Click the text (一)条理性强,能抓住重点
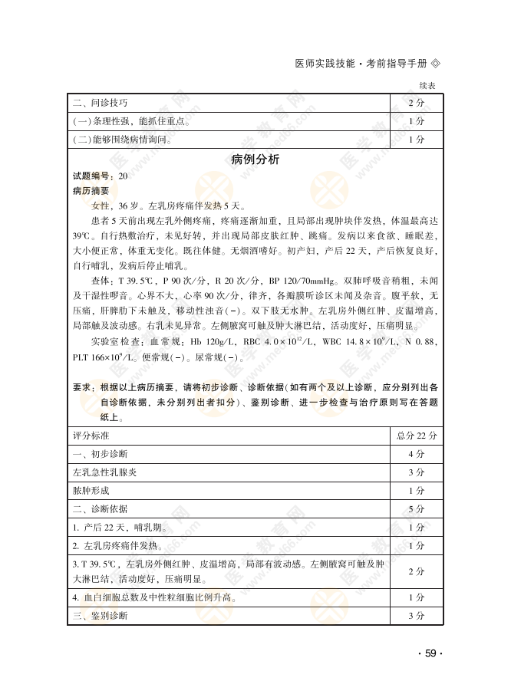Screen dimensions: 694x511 (131, 121)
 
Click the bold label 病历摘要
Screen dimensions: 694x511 (91, 191)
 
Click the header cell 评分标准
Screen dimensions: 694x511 (91, 435)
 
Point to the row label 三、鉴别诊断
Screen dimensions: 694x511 (100, 616)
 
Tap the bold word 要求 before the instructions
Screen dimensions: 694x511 (82, 387)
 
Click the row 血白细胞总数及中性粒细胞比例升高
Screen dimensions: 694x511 (153, 597)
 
